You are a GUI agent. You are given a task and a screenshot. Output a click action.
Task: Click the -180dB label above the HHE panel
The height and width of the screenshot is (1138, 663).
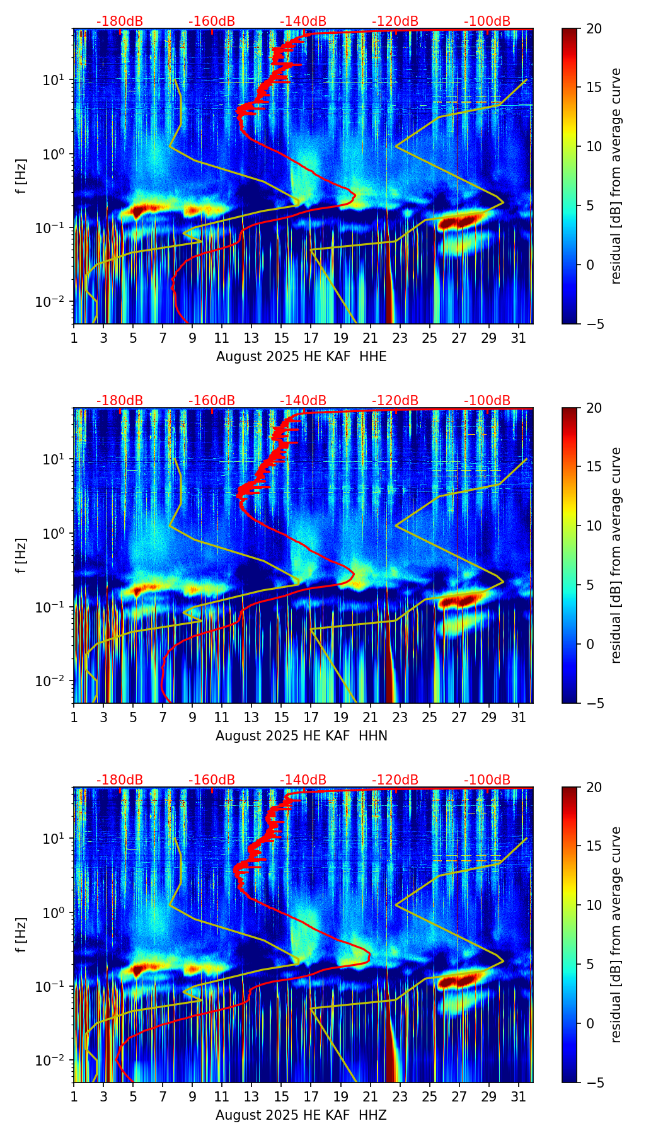[120, 21]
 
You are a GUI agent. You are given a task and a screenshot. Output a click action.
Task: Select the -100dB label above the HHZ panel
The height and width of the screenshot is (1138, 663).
[487, 780]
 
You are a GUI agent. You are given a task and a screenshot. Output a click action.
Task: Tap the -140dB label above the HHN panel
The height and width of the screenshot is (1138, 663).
[303, 401]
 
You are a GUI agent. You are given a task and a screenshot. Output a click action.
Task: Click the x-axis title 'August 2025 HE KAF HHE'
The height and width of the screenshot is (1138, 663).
[301, 357]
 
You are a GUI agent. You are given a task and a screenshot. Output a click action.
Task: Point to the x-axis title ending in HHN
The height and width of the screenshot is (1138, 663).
[301, 736]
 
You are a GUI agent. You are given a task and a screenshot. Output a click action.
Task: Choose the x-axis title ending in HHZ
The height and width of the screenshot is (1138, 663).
[301, 1115]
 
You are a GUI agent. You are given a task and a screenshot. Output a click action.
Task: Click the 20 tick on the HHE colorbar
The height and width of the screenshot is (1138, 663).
[594, 28]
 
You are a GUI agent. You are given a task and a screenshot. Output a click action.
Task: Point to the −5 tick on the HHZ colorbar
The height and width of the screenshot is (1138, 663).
[594, 1082]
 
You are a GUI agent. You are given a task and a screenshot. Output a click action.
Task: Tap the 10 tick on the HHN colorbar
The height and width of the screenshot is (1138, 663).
[594, 526]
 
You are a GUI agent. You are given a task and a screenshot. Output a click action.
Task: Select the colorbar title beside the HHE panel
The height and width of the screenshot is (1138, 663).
[616, 176]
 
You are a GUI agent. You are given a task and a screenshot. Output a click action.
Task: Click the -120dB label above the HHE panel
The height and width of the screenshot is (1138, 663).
[395, 21]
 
